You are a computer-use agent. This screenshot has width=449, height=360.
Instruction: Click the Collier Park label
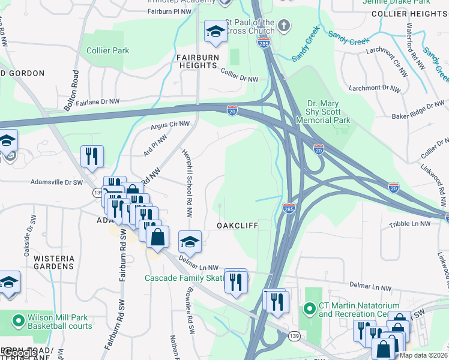pos(108,51)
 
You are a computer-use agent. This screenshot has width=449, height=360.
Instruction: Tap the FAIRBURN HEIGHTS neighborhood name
pos(197,61)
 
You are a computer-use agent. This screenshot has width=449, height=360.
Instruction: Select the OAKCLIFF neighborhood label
pos(237,225)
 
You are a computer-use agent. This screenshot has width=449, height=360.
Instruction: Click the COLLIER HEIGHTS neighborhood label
pos(409,13)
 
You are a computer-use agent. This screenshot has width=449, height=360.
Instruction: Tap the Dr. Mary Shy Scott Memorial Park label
pos(324,112)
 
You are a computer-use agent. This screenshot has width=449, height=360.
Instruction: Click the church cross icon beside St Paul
pos(284,26)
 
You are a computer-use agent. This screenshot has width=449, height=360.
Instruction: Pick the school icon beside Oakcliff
pos(190,241)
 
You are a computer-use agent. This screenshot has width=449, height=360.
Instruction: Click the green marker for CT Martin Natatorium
pos(310,309)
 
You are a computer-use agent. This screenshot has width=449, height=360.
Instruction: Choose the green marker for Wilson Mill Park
pos(19,318)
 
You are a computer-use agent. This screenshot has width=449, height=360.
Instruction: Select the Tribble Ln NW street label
pos(409,223)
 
